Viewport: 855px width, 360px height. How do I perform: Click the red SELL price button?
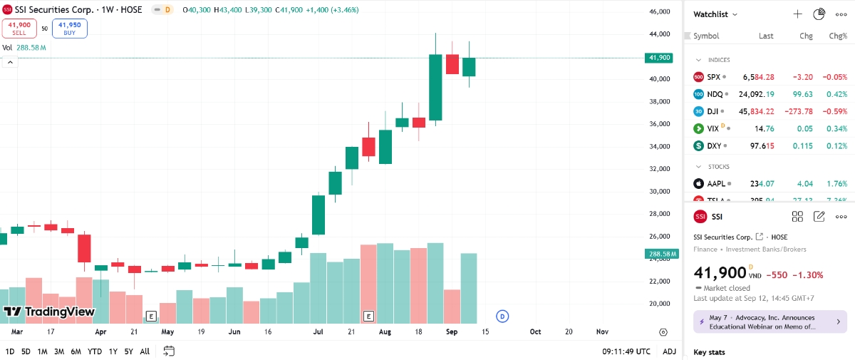[x=19, y=28]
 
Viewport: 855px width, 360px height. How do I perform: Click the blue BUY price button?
[x=69, y=28]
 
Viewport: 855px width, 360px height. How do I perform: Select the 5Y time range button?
[x=128, y=351]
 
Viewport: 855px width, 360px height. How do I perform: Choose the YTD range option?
[x=94, y=351]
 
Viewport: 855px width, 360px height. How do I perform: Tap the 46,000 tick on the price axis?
[x=660, y=12]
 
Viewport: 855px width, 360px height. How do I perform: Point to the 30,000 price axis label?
[x=660, y=191]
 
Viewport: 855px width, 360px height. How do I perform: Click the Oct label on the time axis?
[x=535, y=332]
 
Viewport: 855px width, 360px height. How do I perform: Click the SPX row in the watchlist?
[x=769, y=76]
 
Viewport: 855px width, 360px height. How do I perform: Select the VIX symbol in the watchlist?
[x=713, y=129]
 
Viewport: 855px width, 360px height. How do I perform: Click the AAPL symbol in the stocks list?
[x=716, y=184]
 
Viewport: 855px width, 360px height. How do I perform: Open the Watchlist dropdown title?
[x=715, y=14]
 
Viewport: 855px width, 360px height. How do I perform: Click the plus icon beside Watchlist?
[x=797, y=14]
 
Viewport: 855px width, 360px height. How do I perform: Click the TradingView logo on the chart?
[x=49, y=312]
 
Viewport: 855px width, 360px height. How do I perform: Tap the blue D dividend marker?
[x=502, y=316]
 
